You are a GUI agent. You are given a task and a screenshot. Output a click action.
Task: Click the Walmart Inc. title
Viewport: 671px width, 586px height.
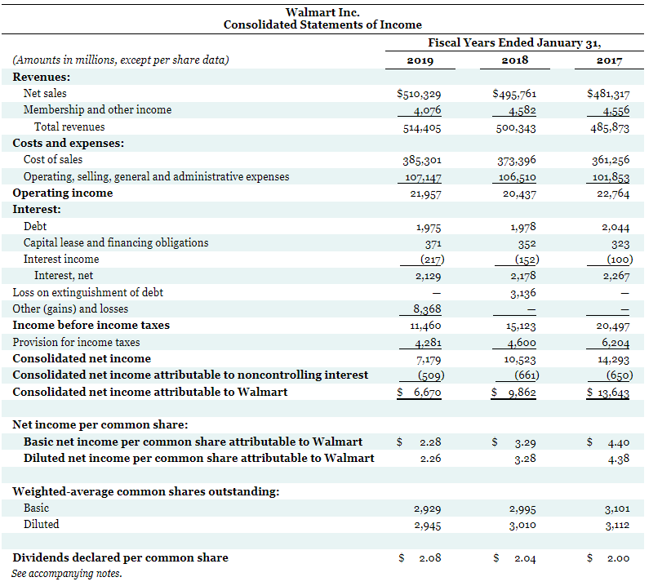(x=322, y=11)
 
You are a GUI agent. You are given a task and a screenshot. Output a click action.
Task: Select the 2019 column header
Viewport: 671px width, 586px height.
(x=420, y=60)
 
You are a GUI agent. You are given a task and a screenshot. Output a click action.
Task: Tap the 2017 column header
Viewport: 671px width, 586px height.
(x=610, y=60)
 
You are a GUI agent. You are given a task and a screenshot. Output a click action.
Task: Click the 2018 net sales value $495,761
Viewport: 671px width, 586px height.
(x=514, y=94)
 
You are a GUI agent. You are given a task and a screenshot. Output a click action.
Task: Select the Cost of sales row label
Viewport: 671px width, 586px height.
(x=53, y=159)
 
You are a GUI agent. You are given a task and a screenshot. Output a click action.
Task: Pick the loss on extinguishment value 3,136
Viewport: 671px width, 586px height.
(x=521, y=293)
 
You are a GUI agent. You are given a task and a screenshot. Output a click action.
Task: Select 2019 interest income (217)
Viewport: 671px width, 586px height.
(x=426, y=260)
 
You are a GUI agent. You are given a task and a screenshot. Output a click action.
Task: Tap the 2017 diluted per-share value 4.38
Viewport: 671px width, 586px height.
(x=618, y=459)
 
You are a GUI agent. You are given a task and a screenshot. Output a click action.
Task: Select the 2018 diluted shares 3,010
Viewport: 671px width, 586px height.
(x=521, y=526)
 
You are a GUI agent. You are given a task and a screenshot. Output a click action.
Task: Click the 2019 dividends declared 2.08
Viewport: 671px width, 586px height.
(x=429, y=558)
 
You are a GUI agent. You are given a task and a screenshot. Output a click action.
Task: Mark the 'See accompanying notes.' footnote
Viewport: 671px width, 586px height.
(x=67, y=573)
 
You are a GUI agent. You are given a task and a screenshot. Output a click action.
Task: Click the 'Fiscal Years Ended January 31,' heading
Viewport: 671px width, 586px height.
(x=520, y=42)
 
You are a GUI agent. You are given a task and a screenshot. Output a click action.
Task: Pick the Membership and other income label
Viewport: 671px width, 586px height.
(x=97, y=109)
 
